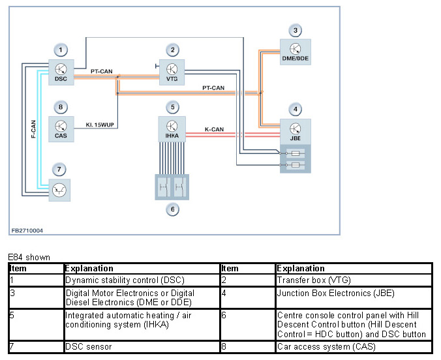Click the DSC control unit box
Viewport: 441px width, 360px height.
click(61, 72)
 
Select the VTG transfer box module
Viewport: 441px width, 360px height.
click(172, 72)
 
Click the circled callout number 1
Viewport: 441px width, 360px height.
click(61, 50)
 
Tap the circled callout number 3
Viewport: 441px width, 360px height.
click(296, 31)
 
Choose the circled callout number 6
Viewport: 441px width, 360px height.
click(172, 209)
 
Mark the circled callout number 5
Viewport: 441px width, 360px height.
click(172, 107)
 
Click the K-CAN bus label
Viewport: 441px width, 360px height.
click(215, 130)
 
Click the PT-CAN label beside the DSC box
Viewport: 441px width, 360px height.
click(103, 71)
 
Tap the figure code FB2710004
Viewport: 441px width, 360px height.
click(27, 230)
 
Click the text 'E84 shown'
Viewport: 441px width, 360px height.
click(29, 258)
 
